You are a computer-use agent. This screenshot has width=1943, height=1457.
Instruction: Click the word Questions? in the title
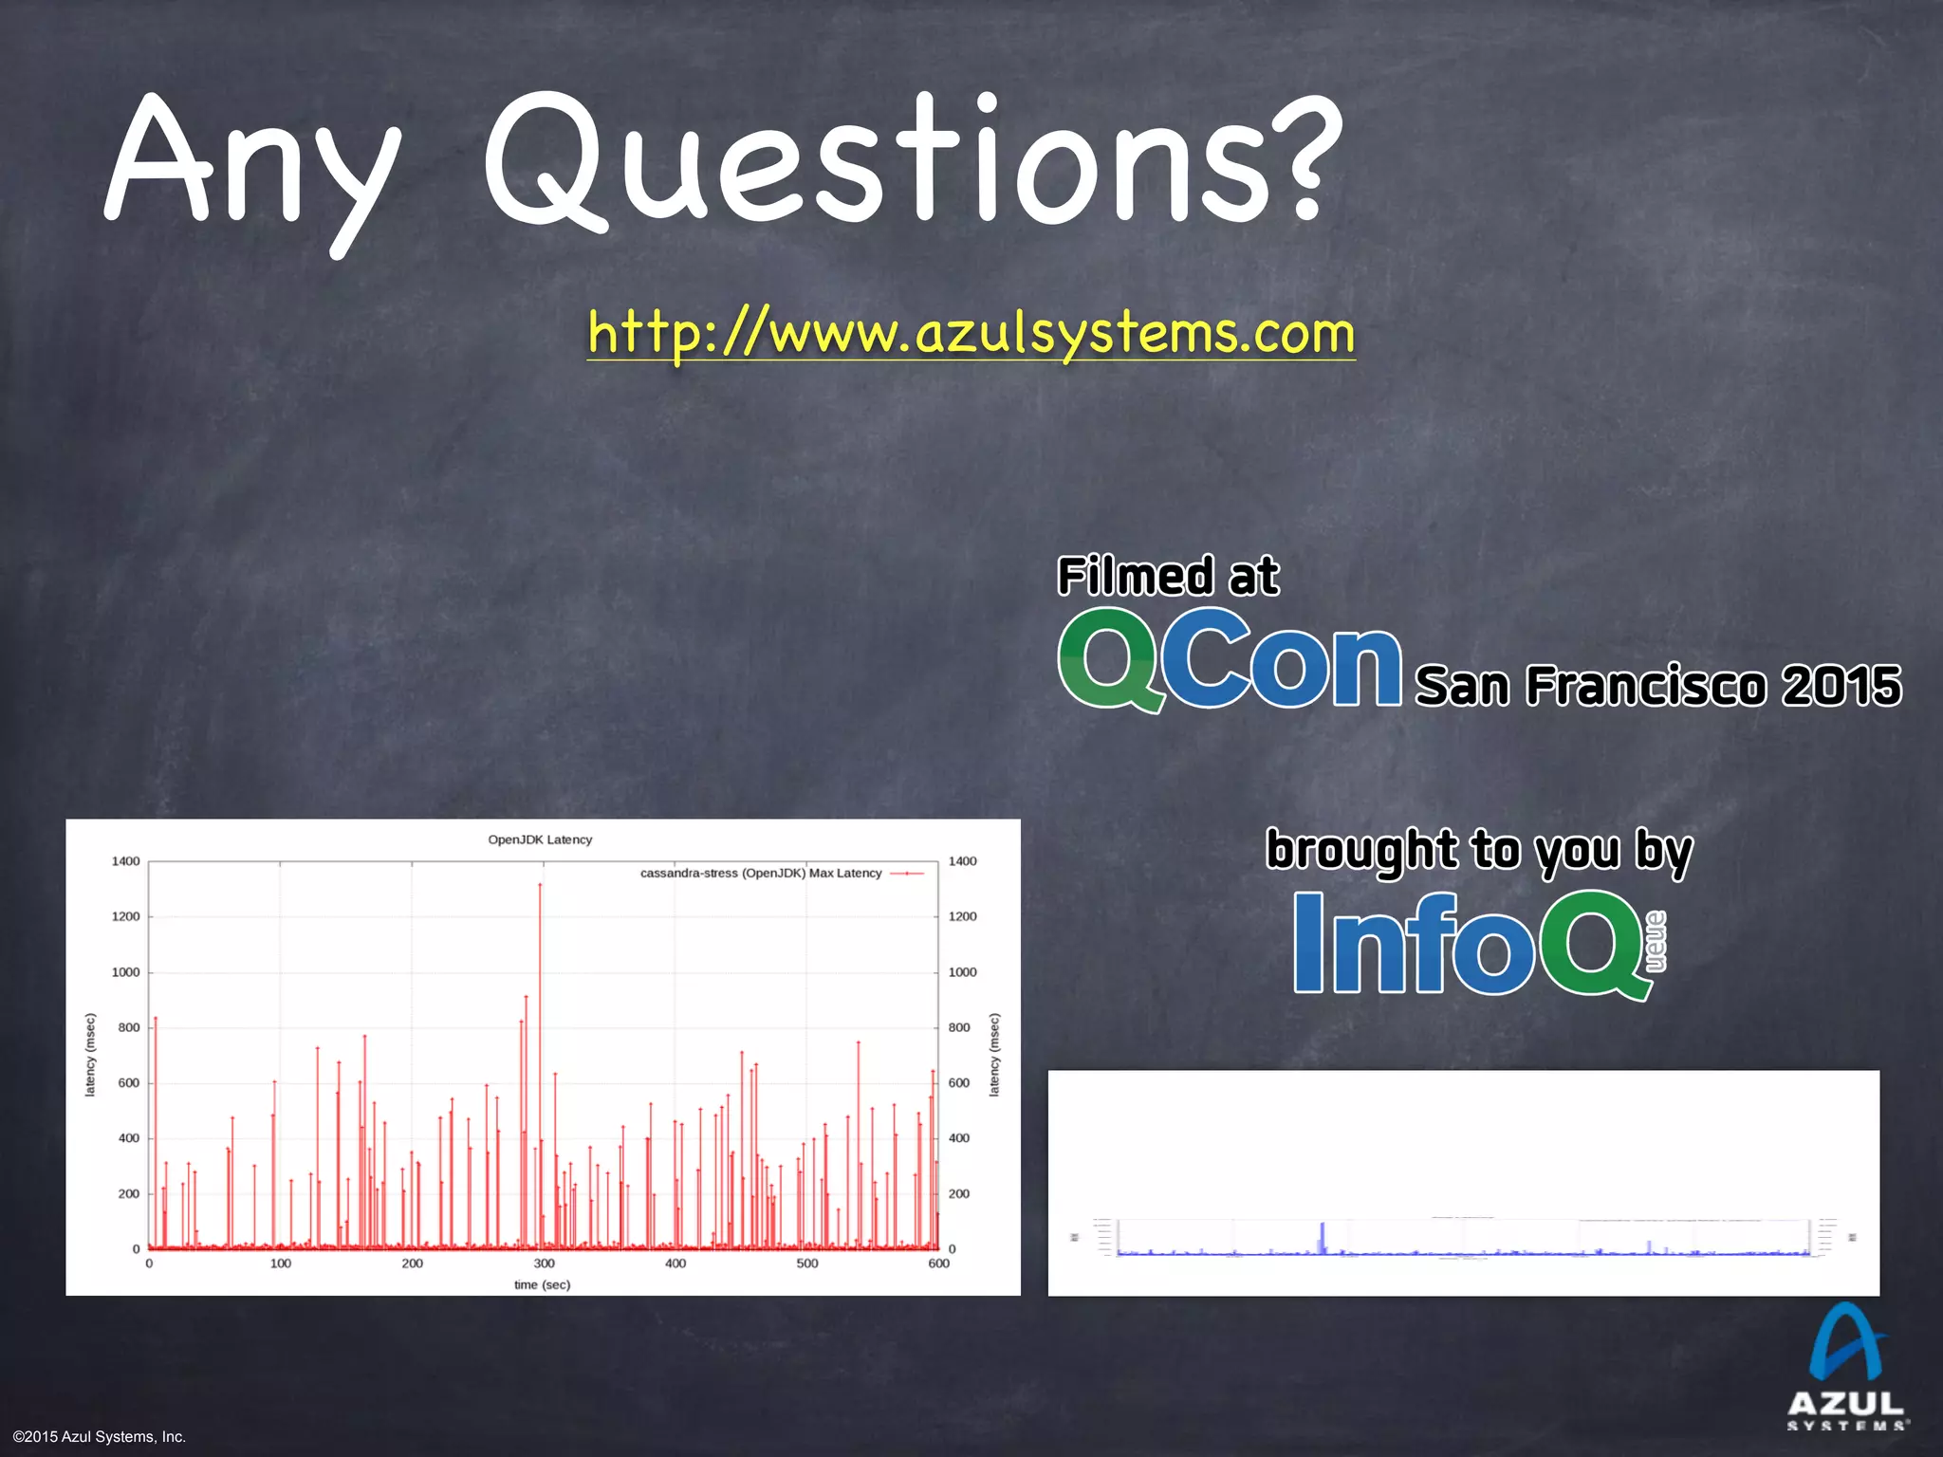point(911,161)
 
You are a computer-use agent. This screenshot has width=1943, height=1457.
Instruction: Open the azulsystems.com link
point(971,333)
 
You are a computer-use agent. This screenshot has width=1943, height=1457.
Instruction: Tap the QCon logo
point(1229,660)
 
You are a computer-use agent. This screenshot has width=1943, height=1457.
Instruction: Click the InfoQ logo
point(1475,944)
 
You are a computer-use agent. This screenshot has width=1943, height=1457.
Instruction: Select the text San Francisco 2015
point(1657,686)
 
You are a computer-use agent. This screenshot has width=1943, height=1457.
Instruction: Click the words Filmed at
point(1168,577)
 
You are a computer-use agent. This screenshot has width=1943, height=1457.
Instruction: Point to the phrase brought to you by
point(1478,850)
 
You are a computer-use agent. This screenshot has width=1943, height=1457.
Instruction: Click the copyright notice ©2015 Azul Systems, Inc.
point(100,1436)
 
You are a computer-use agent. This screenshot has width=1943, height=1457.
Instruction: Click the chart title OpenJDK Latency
point(540,839)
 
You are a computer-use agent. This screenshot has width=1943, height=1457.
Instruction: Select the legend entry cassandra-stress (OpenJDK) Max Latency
point(761,873)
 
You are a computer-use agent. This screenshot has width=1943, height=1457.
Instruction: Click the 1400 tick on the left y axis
point(125,861)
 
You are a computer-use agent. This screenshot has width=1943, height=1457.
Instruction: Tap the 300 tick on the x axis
point(544,1263)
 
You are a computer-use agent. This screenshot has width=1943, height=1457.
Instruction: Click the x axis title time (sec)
point(542,1284)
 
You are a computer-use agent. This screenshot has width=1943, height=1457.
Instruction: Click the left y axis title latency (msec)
point(90,1055)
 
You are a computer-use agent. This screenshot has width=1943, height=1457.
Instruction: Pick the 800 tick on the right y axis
point(959,1027)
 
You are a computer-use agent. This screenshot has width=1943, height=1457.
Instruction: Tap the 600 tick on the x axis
point(938,1263)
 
